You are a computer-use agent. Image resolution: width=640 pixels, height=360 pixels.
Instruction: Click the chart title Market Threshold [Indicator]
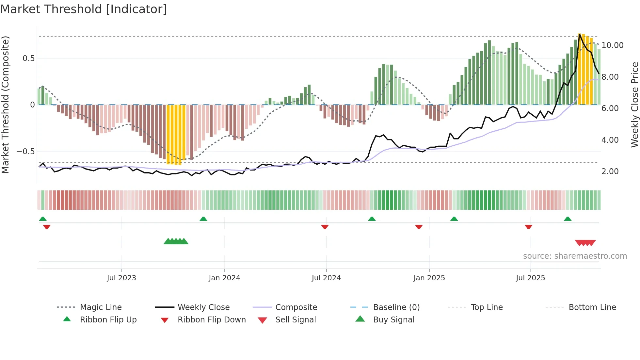[84, 9]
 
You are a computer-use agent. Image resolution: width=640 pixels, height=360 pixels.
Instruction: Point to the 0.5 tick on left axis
[28, 58]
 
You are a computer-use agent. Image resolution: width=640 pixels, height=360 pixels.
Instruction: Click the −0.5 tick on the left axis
[25, 152]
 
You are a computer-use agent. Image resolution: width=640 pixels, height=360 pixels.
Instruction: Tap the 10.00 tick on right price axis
[612, 45]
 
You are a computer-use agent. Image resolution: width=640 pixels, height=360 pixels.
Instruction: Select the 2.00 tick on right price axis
[610, 172]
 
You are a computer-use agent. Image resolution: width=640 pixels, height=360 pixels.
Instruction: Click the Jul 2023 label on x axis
[121, 278]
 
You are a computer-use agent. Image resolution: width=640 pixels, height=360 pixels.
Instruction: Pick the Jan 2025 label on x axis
[429, 278]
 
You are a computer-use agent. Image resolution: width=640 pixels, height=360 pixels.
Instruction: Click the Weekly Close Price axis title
[634, 105]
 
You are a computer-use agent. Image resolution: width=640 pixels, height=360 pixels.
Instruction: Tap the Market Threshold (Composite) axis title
[5, 105]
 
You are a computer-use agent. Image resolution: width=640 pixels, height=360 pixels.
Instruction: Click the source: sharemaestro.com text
[575, 256]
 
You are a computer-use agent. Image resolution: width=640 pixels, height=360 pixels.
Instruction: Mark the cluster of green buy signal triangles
[176, 241]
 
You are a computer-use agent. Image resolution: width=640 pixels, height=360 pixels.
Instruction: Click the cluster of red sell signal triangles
[585, 243]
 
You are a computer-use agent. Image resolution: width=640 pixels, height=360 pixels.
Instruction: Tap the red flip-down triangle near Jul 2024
[325, 227]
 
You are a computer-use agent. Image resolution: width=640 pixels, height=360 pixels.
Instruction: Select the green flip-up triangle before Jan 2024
[203, 219]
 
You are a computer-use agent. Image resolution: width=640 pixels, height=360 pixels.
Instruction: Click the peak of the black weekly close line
[580, 34]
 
